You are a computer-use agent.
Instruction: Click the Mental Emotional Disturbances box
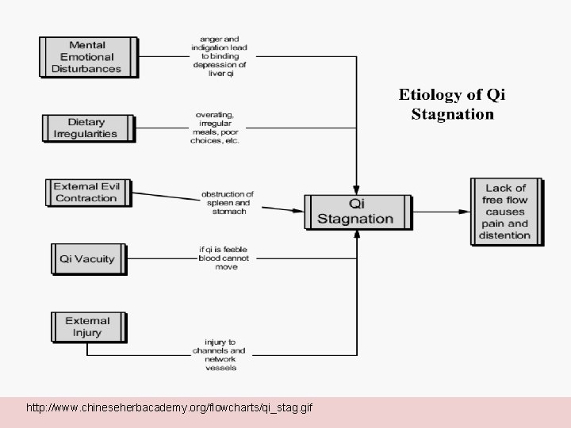pyautogui.click(x=86, y=57)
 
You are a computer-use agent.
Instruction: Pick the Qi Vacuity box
pyautogui.click(x=87, y=258)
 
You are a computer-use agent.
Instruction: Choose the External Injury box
pyautogui.click(x=87, y=327)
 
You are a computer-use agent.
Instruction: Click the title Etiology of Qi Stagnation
pyautogui.click(x=452, y=104)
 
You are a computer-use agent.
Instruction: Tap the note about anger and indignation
pyautogui.click(x=219, y=57)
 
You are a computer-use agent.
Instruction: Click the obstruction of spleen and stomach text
pyautogui.click(x=227, y=203)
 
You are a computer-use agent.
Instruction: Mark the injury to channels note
pyautogui.click(x=219, y=355)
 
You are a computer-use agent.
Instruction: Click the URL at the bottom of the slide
pyautogui.click(x=169, y=408)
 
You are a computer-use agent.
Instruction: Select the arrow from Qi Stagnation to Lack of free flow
pyautogui.click(x=440, y=211)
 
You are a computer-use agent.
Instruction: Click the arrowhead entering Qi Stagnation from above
pyautogui.click(x=358, y=188)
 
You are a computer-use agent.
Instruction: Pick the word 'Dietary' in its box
pyautogui.click(x=86, y=122)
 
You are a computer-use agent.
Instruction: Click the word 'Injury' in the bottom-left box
pyautogui.click(x=87, y=333)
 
